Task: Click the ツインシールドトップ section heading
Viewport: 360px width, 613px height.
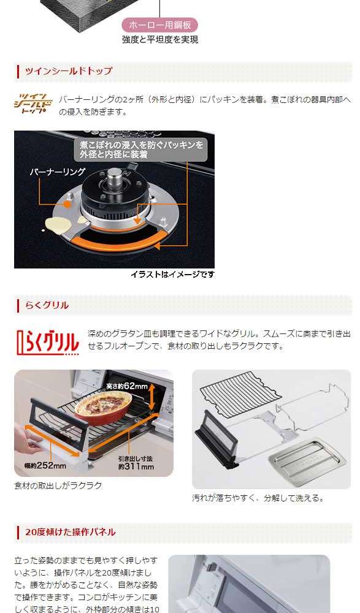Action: [x=69, y=70]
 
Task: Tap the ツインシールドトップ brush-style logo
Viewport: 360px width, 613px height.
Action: [x=33, y=104]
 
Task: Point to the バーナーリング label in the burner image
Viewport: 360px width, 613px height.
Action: [x=57, y=172]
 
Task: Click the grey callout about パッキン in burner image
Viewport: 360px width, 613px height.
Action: [x=141, y=150]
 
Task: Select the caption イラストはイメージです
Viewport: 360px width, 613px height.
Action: [x=172, y=275]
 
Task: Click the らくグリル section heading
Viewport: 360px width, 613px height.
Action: [x=47, y=305]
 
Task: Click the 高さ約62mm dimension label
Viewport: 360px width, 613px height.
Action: [x=127, y=386]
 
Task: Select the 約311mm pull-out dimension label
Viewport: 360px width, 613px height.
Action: [x=136, y=462]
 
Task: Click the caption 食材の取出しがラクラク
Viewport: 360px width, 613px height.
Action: [x=58, y=485]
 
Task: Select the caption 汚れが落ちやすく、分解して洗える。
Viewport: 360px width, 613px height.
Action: [x=258, y=498]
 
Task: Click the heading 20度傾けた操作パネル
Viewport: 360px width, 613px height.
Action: [x=71, y=532]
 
